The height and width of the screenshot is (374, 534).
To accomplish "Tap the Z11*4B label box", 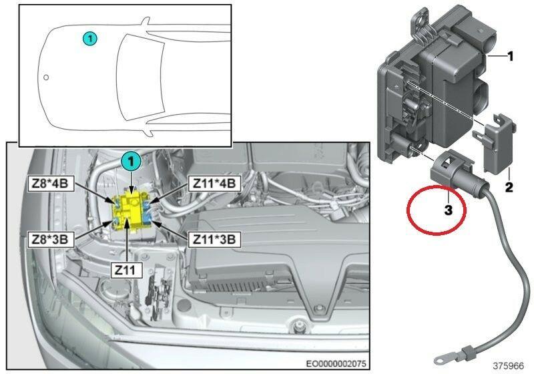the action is click(x=214, y=184).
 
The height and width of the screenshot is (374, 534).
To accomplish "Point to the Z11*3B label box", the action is click(x=214, y=239).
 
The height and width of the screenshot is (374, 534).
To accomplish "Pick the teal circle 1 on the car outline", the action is click(x=90, y=39).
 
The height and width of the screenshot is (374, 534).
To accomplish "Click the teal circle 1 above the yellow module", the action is click(x=131, y=162).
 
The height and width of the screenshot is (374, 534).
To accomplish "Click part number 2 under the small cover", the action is click(x=509, y=187).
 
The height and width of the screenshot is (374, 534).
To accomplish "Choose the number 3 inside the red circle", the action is click(x=448, y=210).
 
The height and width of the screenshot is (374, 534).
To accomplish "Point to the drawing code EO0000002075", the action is click(x=336, y=364).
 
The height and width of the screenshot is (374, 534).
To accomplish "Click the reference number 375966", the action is click(x=509, y=366).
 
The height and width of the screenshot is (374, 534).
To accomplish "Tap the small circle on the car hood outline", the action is click(x=46, y=77).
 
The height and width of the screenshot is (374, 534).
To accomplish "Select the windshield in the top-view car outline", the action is click(x=140, y=77).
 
